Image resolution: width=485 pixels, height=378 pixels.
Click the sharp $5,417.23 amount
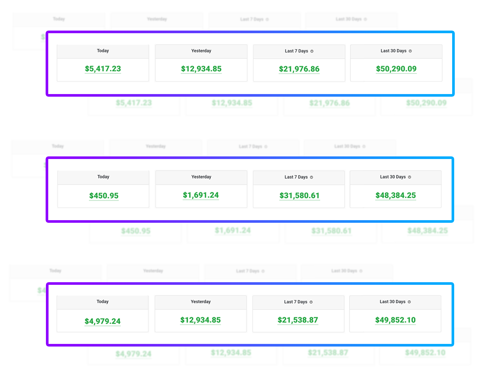pos(103,69)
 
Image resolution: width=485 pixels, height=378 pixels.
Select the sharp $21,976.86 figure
pos(299,69)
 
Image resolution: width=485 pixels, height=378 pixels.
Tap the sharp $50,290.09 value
pos(396,69)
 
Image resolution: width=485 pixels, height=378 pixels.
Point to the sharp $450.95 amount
pos(104,196)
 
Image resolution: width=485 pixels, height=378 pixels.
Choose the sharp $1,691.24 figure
pos(201,195)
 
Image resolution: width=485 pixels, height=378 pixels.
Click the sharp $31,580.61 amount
pos(299,195)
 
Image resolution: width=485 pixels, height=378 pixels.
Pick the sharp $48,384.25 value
pos(395,195)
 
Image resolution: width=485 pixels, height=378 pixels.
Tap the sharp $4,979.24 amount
pos(103,321)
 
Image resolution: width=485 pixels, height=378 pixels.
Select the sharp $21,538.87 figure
pos(298,320)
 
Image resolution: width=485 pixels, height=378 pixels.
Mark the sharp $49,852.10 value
pos(395,320)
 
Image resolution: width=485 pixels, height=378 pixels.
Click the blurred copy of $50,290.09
pos(426,103)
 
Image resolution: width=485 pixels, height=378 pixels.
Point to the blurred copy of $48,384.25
pos(427,231)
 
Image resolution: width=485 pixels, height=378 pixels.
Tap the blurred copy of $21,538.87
pos(328,353)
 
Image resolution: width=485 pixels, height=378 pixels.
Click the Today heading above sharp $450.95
pos(103,177)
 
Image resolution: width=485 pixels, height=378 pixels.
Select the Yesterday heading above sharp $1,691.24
pos(201,177)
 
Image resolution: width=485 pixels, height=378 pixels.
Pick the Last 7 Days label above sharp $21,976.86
pos(296,51)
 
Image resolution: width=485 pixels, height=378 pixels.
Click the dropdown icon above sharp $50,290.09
pos(410,51)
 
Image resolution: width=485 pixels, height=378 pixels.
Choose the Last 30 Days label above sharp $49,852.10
pos(392,302)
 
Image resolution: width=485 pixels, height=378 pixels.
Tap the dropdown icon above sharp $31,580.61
pos(312,177)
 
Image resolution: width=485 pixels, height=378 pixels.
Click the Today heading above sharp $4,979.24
pos(103,301)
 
